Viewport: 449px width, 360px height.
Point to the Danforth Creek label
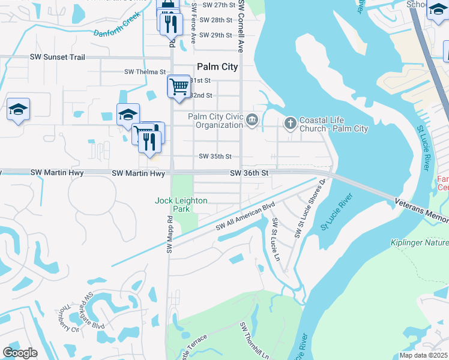click(x=116, y=26)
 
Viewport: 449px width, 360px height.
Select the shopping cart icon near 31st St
click(x=178, y=86)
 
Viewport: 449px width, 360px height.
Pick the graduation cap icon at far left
click(x=18, y=110)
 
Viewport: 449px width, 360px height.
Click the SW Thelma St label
click(x=145, y=71)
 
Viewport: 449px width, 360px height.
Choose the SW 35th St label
click(x=215, y=157)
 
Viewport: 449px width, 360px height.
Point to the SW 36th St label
click(x=250, y=173)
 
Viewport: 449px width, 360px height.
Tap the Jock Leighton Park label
click(x=181, y=205)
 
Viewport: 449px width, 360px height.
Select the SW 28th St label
click(x=217, y=20)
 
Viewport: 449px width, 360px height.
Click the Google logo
click(x=20, y=353)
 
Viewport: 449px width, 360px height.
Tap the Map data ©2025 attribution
click(x=423, y=355)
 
